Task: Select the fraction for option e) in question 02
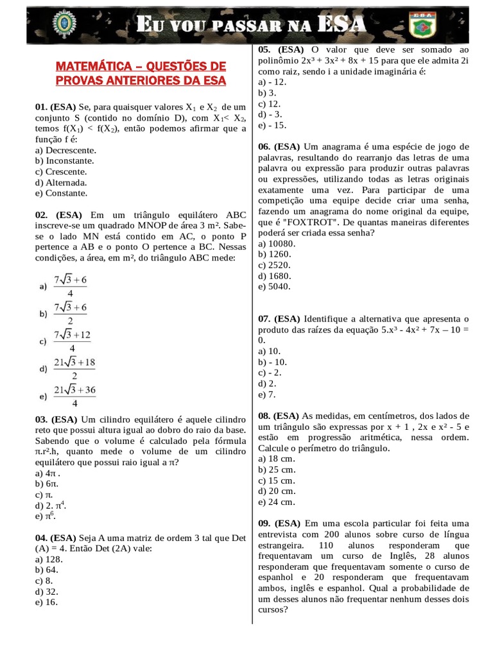(x=74, y=397)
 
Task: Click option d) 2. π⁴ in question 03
(x=53, y=506)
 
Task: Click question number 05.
(x=266, y=49)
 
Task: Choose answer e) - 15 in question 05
(x=273, y=125)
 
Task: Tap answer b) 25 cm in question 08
(x=277, y=470)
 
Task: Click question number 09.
(x=266, y=524)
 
